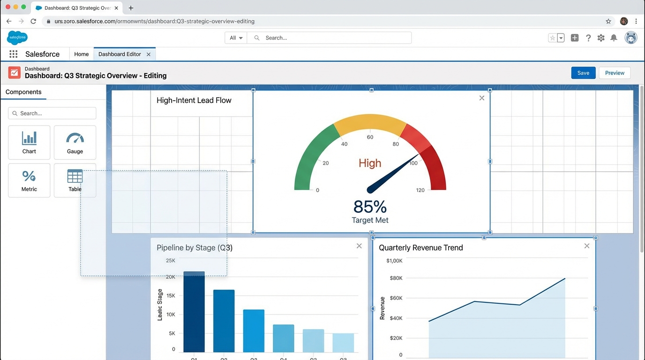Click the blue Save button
583,73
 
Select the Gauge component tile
75,142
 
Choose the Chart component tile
29,142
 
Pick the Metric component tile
29,180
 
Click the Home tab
81,54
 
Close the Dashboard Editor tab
149,54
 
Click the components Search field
52,113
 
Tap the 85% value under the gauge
370,206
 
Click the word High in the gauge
370,163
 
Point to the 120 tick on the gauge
420,190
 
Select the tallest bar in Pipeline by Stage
194,311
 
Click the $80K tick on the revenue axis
396,278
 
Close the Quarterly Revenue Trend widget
587,246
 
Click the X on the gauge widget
482,98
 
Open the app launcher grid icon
13,54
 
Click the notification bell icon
614,38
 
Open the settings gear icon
601,38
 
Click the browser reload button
33,21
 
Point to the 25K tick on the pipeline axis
171,260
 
